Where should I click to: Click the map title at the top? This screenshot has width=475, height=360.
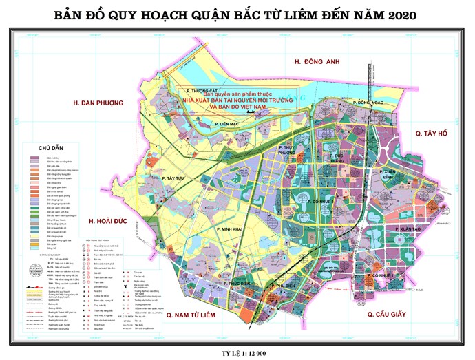coord(237,14)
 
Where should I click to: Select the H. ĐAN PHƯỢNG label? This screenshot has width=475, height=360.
coord(97,103)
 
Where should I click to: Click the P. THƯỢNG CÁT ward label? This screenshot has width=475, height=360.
coord(194,90)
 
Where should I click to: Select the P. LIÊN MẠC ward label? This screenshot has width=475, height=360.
coord(226,124)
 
